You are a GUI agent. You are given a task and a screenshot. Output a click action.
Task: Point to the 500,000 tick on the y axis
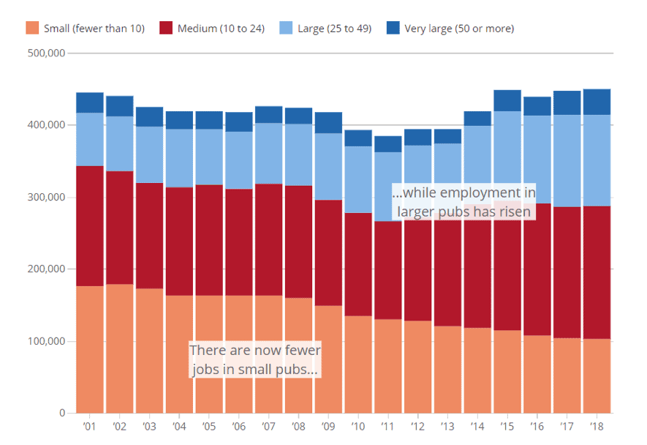tap(46, 53)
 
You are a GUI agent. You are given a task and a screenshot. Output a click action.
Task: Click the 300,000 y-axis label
tap(46, 198)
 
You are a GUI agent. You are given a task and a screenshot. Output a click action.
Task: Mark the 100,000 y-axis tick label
tap(46, 342)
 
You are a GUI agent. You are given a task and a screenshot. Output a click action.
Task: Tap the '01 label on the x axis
tap(90, 426)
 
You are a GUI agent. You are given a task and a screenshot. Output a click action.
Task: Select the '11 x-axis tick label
tap(388, 426)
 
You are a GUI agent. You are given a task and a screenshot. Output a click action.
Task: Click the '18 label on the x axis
tap(597, 426)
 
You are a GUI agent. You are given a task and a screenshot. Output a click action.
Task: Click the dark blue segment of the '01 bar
tap(90, 102)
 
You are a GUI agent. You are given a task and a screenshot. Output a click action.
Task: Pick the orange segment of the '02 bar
tap(120, 348)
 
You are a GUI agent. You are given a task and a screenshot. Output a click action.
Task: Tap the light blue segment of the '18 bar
tap(597, 160)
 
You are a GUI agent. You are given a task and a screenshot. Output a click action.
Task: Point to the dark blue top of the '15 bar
tap(507, 100)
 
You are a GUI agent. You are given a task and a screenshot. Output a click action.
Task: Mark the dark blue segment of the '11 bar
tap(388, 143)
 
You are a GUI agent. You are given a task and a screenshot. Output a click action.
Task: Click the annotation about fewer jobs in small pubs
tap(255, 359)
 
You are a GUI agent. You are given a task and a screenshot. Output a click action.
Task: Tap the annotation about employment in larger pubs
tap(464, 202)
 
